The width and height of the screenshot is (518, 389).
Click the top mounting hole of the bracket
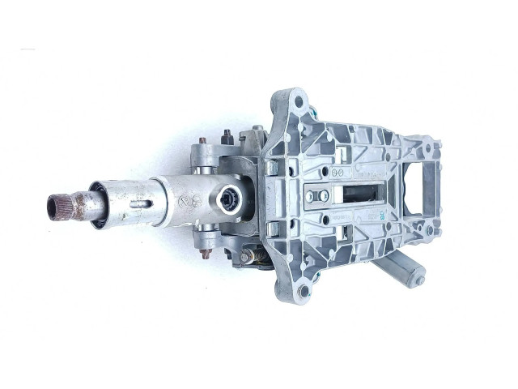(x=300, y=104)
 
